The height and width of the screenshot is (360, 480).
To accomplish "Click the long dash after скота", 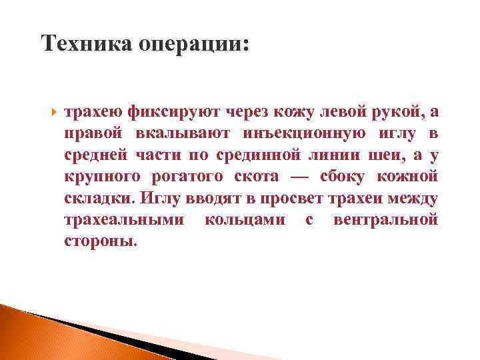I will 300,177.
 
